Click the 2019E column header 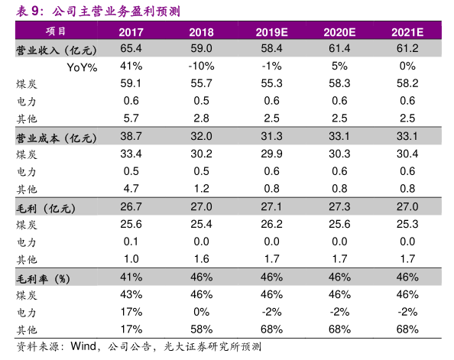[271, 32]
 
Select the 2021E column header [407, 32]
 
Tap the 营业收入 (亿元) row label [56, 50]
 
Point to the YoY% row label [82, 67]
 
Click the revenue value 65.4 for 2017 [131, 48]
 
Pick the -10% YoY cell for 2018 [201, 66]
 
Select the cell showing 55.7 [201, 83]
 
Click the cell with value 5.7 [131, 118]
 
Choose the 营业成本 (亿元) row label [56, 138]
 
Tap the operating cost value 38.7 [131, 136]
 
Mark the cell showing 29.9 [271, 154]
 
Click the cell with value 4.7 [131, 189]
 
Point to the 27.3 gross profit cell [339, 206]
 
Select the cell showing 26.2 [271, 224]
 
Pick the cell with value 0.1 [131, 242]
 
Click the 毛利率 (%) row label [43, 279]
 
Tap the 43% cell [131, 294]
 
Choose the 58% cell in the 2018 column [202, 329]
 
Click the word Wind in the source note [83, 346]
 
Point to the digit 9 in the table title [35, 11]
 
